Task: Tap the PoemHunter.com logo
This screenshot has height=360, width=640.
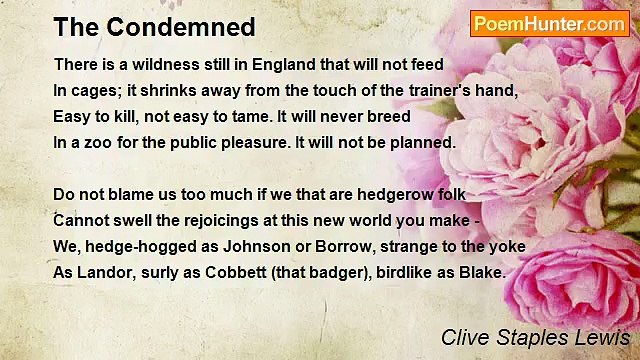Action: coord(550,24)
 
